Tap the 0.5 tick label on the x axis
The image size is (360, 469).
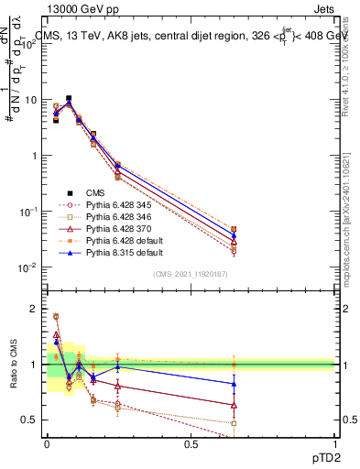tap(191, 444)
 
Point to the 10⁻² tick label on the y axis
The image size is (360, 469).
tap(27, 267)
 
